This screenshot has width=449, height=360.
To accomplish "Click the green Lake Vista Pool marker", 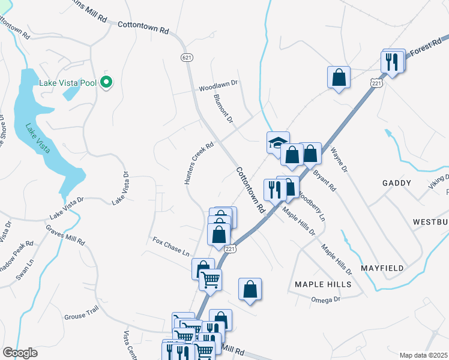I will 107,82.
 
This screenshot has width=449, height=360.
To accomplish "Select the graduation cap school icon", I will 278,142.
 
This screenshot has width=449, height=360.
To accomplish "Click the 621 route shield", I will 186,56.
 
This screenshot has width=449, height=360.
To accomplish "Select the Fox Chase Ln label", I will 170,247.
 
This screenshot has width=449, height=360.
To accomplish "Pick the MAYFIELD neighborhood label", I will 382,268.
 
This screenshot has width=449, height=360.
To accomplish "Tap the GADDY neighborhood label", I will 397,183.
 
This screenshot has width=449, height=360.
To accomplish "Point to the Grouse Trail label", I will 81,316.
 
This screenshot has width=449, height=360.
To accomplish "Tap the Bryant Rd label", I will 325,180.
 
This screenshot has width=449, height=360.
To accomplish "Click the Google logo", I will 20,353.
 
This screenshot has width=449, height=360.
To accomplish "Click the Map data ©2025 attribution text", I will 423,355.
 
